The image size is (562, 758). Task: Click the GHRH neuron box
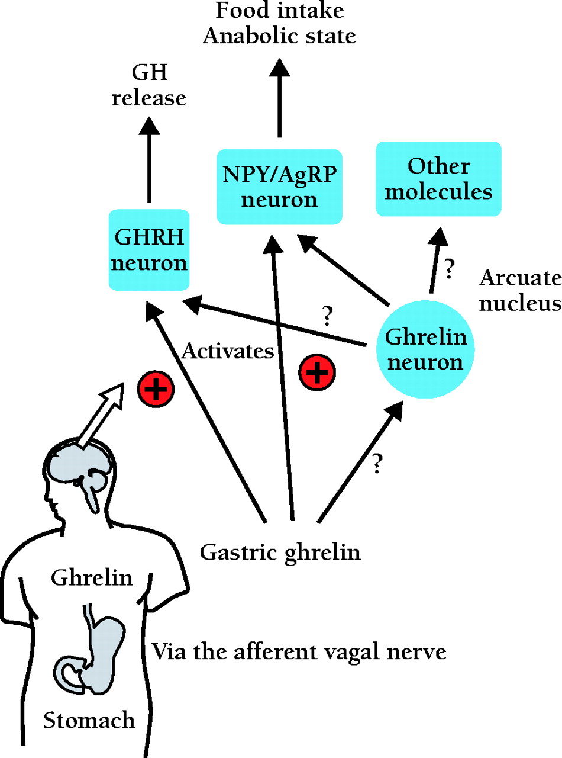click(x=149, y=250)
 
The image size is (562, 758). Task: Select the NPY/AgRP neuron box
click(x=280, y=187)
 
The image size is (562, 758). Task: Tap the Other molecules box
click(x=439, y=178)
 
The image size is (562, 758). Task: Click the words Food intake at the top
click(x=279, y=10)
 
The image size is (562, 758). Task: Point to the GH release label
click(x=149, y=85)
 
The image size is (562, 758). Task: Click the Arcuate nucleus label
click(x=519, y=290)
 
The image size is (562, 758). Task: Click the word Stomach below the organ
click(x=89, y=720)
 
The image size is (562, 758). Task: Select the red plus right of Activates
click(x=317, y=372)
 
